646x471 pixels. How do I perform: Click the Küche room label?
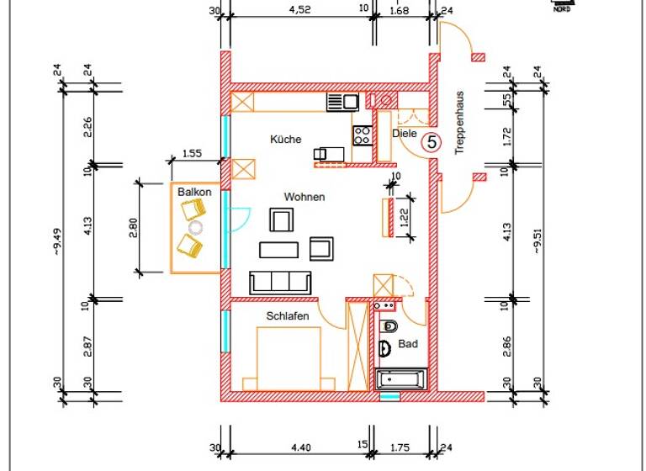[285, 140]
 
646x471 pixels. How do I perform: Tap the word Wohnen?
[304, 197]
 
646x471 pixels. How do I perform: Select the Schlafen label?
[288, 316]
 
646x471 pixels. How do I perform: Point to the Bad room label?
[408, 344]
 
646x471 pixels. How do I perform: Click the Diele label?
[405, 133]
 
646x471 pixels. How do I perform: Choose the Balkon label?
[194, 193]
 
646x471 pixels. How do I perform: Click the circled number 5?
[432, 143]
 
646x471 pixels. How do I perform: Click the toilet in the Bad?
[389, 325]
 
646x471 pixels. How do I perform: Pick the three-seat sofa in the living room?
[280, 283]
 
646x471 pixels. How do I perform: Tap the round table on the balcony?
[196, 227]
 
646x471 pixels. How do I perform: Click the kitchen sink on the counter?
[342, 102]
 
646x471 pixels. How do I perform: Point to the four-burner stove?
[363, 134]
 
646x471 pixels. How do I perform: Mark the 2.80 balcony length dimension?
[133, 227]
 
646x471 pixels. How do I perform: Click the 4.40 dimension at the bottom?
[299, 447]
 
